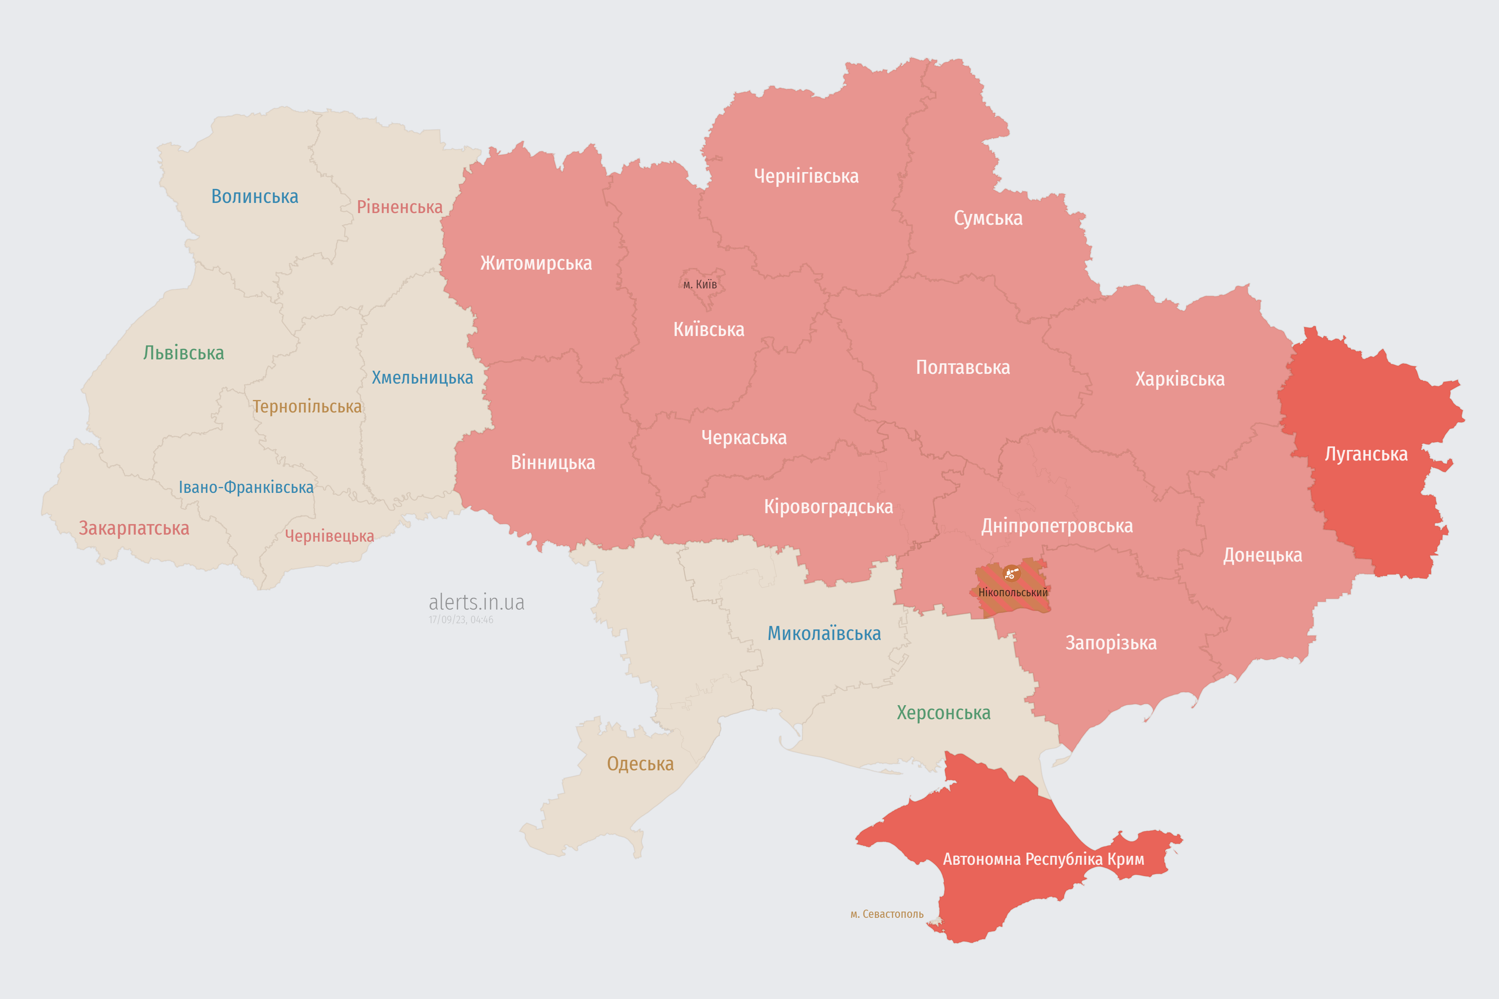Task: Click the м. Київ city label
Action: (x=700, y=284)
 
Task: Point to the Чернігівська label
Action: (x=806, y=176)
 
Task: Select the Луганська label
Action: (x=1366, y=454)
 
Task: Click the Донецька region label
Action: (x=1262, y=555)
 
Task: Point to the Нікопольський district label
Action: (x=1013, y=592)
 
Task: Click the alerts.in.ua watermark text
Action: (x=476, y=602)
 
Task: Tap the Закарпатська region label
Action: (x=134, y=528)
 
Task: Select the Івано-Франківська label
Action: (x=246, y=487)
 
